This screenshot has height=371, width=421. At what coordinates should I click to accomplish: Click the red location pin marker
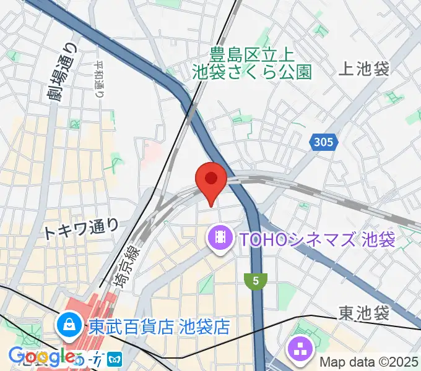click(x=210, y=179)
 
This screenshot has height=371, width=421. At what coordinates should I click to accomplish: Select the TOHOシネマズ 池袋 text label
click(x=316, y=239)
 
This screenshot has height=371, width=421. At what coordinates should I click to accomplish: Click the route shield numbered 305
click(x=324, y=143)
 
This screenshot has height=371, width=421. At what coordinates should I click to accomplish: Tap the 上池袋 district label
click(x=365, y=69)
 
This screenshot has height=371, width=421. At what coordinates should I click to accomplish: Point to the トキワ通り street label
click(x=80, y=230)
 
